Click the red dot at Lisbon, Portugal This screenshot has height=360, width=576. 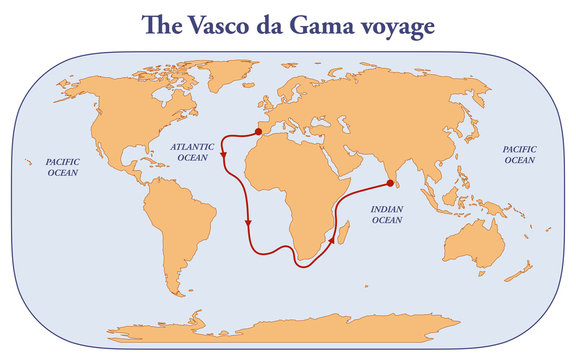[x=260, y=130]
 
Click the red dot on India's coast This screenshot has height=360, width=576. [x=390, y=183]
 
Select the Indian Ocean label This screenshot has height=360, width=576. [x=387, y=215]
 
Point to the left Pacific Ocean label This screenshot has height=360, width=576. [x=62, y=166]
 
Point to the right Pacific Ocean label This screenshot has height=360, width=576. [x=519, y=154]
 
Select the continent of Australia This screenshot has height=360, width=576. [x=475, y=240]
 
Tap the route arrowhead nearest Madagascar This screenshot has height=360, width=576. [x=331, y=240]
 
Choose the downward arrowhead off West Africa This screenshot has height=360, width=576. [x=247, y=223]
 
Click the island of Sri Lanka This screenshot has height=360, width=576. [x=396, y=195]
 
